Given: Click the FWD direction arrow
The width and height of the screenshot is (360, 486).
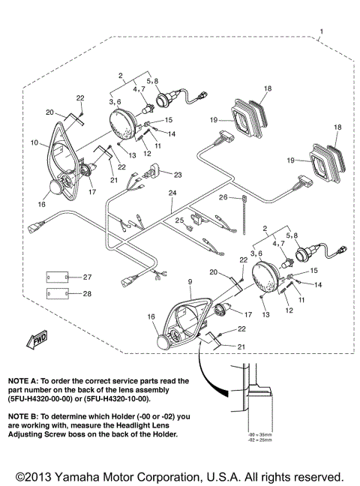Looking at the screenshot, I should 36,343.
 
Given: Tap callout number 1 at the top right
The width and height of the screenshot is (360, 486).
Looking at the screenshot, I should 321,32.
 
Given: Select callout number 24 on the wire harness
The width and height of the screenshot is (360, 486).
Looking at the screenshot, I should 172,193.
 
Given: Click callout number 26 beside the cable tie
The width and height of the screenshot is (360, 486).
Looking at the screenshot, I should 223,197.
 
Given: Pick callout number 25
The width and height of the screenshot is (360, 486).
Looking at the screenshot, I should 179,220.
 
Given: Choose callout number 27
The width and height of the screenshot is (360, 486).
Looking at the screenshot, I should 87,277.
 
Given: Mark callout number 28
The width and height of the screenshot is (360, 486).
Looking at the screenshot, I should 87,294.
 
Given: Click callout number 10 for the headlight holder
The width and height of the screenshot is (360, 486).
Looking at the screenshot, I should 34,141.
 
